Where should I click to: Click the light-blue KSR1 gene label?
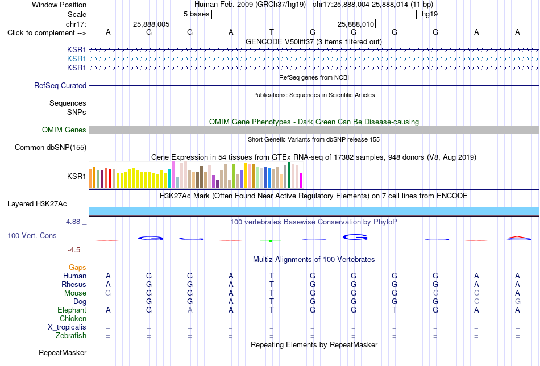(77, 59)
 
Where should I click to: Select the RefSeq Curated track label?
(60, 85)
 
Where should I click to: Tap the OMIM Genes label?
(64, 130)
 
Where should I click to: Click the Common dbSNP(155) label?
(51, 147)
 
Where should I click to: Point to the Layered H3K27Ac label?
(37, 204)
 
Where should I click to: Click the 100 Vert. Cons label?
(32, 235)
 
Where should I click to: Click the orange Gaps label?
(77, 267)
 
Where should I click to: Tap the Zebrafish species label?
(71, 336)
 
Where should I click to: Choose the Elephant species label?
(72, 310)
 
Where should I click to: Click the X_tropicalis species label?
(67, 327)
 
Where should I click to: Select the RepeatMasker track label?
(63, 352)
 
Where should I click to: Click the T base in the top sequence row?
(272, 32)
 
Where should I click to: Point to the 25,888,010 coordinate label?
(356, 24)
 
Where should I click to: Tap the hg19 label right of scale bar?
(430, 14)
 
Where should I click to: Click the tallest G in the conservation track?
(355, 237)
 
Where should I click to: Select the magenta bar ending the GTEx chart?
(301, 181)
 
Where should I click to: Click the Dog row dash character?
(108, 302)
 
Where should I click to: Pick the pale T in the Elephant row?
(394, 310)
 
